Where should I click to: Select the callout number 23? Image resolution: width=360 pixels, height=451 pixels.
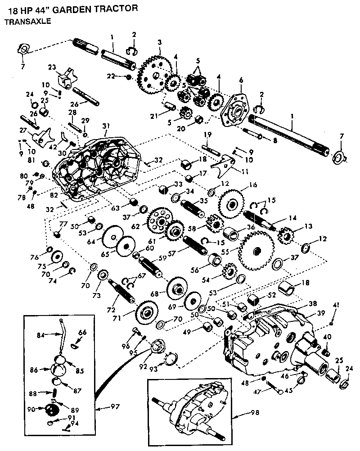[x=52, y=68]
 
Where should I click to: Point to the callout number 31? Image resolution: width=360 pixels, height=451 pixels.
[x=106, y=125]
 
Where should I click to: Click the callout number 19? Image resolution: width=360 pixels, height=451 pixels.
[x=207, y=134]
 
